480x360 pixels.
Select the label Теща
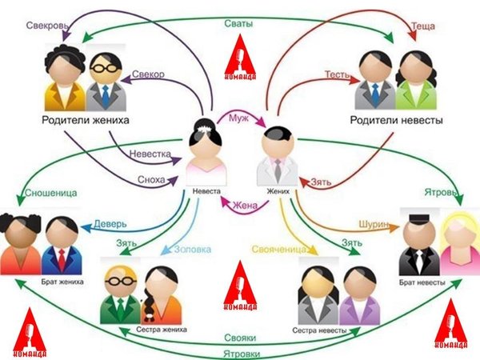(x=422, y=26)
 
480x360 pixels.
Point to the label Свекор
(x=149, y=74)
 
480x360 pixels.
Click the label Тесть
(x=336, y=74)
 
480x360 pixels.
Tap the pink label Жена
(x=245, y=205)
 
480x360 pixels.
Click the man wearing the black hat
(x=414, y=244)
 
